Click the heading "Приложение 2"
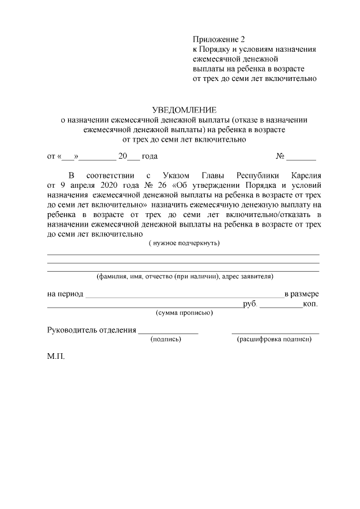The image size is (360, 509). pyautogui.click(x=219, y=40)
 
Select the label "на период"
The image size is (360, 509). pyautogui.click(x=65, y=294)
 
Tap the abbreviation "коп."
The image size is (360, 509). pyautogui.click(x=310, y=304)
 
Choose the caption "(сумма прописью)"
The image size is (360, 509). pyautogui.click(x=184, y=312)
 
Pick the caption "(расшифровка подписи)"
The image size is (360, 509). pyautogui.click(x=274, y=339)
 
